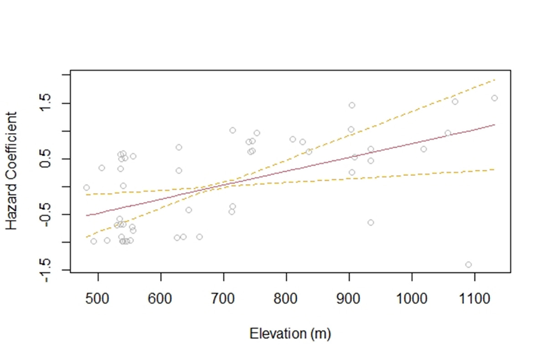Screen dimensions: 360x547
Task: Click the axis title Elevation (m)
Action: (x=290, y=334)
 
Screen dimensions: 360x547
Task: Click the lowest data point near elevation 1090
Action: (x=468, y=265)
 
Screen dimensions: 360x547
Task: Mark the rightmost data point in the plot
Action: (x=494, y=98)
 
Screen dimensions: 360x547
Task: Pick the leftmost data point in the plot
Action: (x=86, y=188)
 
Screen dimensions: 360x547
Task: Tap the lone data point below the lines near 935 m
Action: (x=371, y=222)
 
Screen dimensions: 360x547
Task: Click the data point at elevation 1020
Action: (x=423, y=149)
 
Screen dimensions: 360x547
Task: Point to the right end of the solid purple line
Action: (x=495, y=124)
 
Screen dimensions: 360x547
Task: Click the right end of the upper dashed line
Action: (x=495, y=80)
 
